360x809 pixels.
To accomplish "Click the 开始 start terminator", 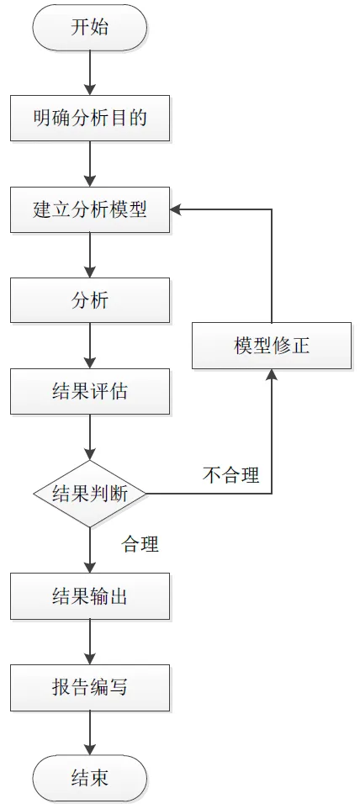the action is [90, 28].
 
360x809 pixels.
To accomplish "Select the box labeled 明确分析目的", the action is [90, 118].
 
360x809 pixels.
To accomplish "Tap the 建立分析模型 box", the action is [90, 209].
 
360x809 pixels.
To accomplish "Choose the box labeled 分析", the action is [90, 300].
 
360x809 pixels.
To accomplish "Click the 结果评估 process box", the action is [90, 392].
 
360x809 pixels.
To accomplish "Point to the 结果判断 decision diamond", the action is [90, 494].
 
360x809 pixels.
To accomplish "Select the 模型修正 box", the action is [272, 346].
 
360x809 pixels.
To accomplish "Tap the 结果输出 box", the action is [90, 596].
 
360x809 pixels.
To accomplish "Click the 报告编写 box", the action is [90, 687].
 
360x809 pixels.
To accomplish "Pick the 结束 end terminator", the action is [90, 778].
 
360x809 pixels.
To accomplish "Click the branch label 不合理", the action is [231, 475].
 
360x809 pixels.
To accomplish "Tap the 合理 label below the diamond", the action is [140, 544].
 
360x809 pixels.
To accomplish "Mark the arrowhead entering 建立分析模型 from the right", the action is [176, 209].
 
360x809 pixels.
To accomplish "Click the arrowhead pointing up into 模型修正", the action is [272, 375].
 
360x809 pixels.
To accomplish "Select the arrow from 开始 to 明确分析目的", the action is [90, 73].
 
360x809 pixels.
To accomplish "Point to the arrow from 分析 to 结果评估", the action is [90, 346].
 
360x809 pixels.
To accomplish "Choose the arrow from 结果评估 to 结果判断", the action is [90, 437].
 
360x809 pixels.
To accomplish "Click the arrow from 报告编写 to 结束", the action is [90, 732].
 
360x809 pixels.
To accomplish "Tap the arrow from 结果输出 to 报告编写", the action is [90, 642].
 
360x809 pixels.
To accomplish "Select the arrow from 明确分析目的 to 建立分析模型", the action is [90, 164].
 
